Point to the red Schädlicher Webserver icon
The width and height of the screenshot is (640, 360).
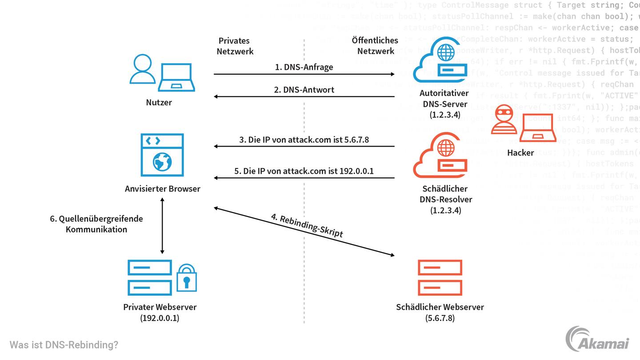click(440, 278)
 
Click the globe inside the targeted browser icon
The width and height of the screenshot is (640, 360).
click(162, 162)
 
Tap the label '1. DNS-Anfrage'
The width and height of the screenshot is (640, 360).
click(304, 67)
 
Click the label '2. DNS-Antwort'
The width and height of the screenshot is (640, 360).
click(304, 89)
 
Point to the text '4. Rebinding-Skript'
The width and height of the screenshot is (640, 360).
click(307, 226)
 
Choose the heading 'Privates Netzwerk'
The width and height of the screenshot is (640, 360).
click(235, 46)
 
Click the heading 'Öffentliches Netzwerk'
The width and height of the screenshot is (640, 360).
click(376, 46)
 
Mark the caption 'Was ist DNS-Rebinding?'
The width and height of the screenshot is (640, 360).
click(64, 345)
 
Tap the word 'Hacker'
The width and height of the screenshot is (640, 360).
click(520, 153)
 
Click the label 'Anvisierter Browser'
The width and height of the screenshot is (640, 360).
click(163, 188)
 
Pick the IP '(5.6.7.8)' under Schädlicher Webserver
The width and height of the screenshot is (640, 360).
click(440, 318)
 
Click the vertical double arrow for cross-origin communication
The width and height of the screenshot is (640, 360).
click(162, 225)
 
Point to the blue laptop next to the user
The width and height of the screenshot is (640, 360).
click(176, 77)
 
